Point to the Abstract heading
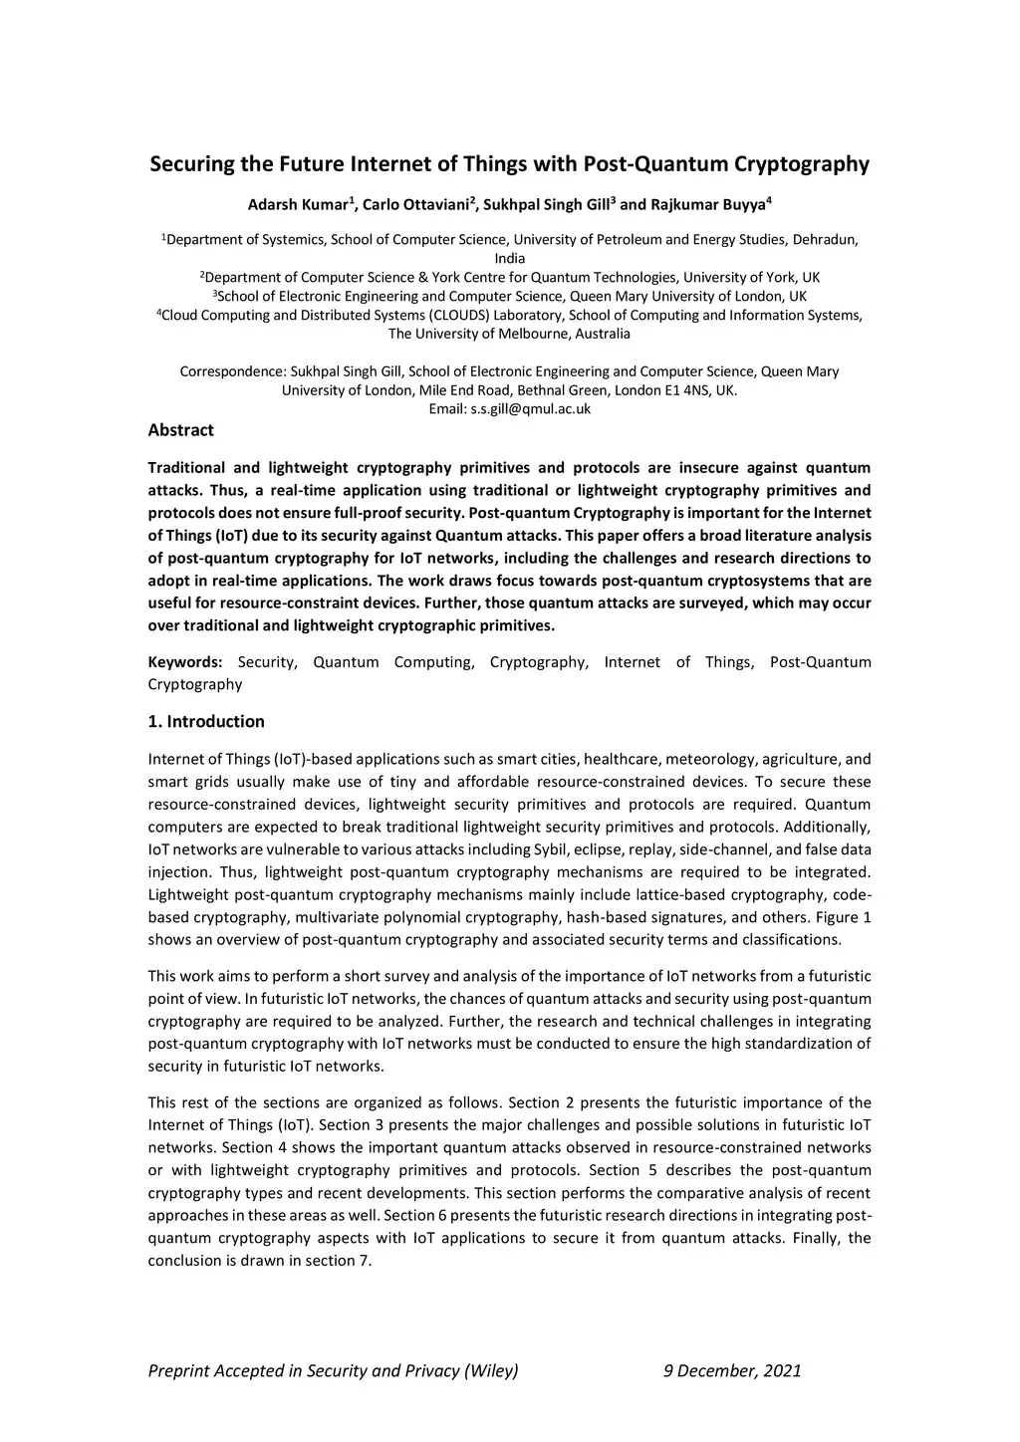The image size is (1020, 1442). pyautogui.click(x=180, y=430)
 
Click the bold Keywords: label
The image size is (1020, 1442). pyautogui.click(x=185, y=662)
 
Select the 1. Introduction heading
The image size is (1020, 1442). pyautogui.click(x=206, y=721)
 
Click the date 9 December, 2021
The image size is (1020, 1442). pyautogui.click(x=732, y=1370)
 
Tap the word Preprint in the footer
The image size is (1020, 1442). pyautogui.click(x=180, y=1370)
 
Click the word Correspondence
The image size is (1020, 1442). pyautogui.click(x=225, y=371)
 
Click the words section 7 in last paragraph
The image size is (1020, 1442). pyautogui.click(x=343, y=1261)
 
